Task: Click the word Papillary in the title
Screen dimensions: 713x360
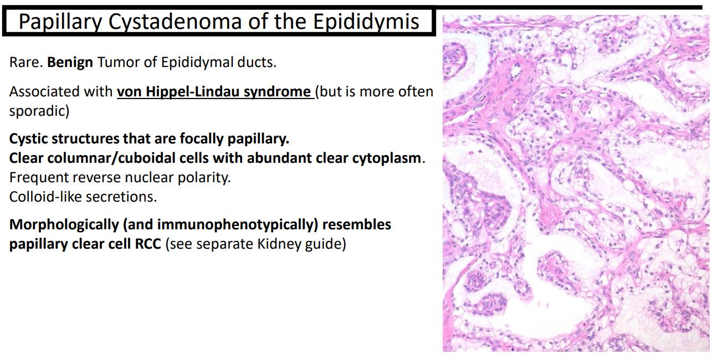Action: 60,22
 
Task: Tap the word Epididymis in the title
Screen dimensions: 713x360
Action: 366,22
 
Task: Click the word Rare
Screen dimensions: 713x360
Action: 26,62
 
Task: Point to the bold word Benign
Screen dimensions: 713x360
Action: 70,63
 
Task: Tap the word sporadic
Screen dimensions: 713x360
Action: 39,111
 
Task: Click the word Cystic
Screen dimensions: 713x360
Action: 28,139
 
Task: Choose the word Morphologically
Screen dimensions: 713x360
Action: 64,225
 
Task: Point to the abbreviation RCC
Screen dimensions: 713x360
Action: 148,244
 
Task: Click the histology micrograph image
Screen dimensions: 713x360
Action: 576,183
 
